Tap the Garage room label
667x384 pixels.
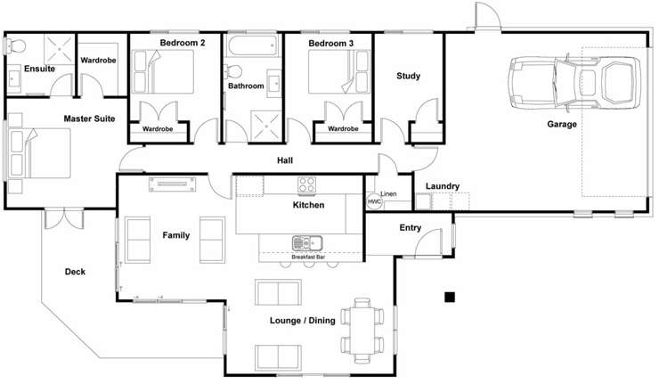[562, 125]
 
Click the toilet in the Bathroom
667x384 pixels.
[233, 71]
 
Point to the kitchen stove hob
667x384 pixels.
[307, 185]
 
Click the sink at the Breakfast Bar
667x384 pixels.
[308, 241]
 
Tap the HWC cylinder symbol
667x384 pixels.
[373, 202]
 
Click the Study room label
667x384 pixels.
[408, 77]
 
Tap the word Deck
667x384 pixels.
[75, 272]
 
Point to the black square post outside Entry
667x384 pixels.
[451, 296]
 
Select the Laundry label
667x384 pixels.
[443, 186]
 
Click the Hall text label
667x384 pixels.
[285, 161]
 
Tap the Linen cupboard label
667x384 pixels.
[388, 193]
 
